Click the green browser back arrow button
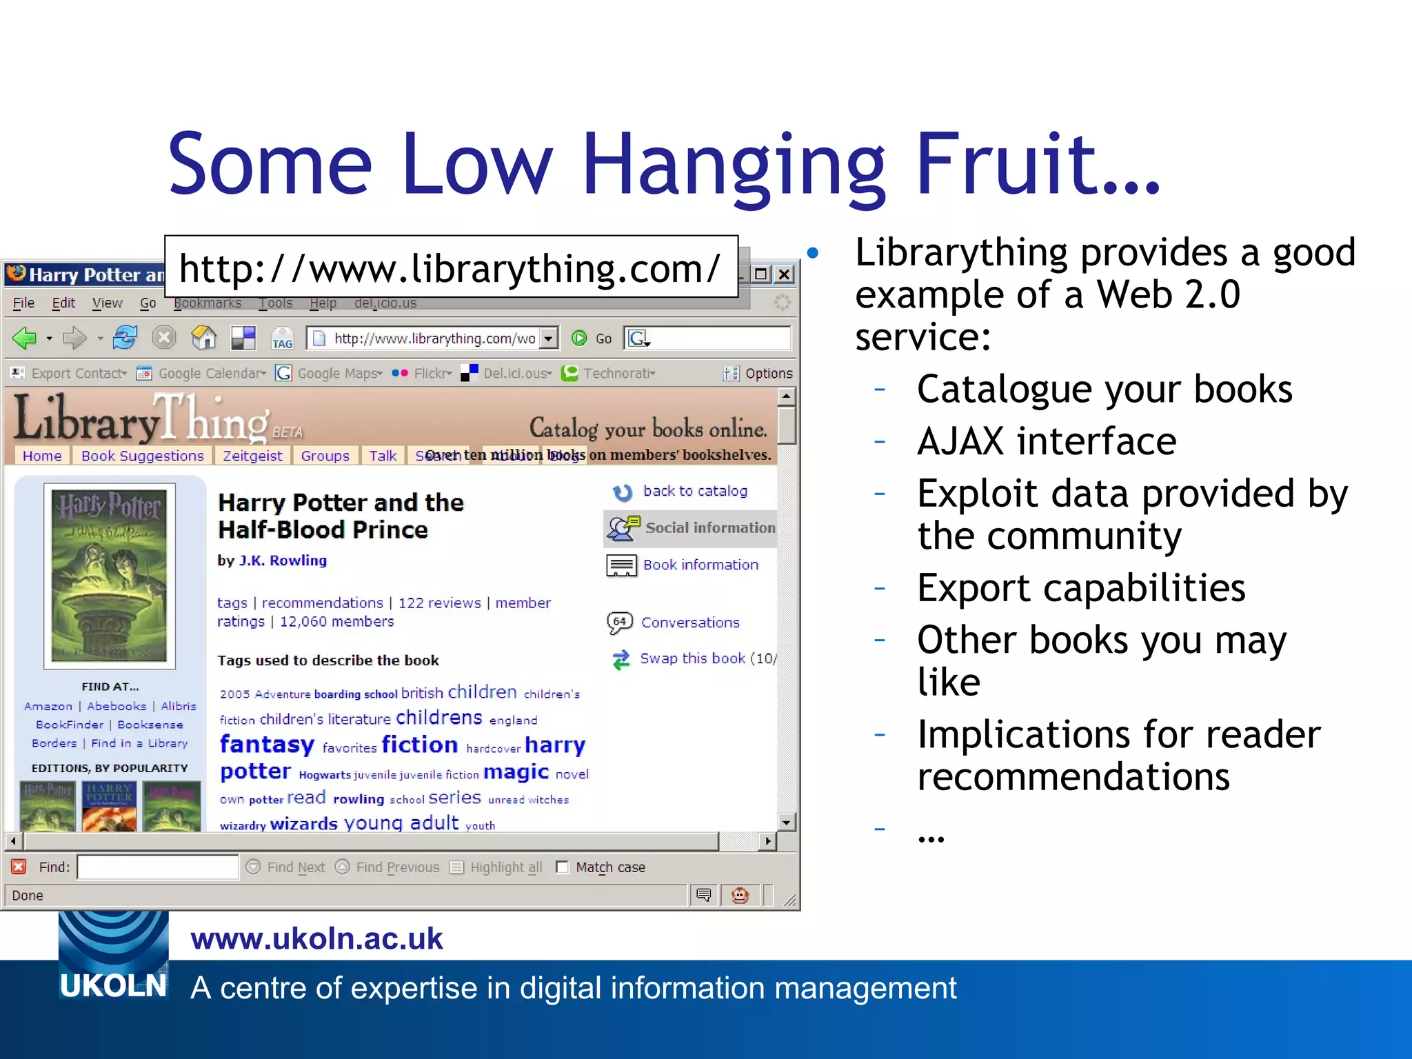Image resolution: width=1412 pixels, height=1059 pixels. point(25,338)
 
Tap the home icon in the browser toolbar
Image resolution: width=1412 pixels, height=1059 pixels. point(203,338)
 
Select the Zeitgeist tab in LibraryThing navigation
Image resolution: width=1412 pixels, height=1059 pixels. point(252,456)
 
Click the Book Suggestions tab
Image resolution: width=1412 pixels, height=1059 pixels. point(142,456)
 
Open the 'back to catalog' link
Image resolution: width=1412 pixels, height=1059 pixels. point(694,491)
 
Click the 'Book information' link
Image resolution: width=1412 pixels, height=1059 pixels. point(700,565)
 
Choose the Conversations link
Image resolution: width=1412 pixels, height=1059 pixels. point(689,623)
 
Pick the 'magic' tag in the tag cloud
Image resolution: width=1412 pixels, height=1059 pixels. point(516,772)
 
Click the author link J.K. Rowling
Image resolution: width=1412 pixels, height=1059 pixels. point(283,561)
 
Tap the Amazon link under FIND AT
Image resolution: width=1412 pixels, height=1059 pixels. point(48,706)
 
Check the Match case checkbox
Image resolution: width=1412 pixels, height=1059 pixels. point(563,867)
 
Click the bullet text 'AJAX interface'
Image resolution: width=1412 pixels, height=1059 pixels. point(1046,441)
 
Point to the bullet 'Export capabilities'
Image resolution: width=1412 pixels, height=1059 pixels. point(1080,588)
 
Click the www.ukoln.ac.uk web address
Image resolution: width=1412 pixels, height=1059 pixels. point(316,939)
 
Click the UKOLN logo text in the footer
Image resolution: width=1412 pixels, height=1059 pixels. point(113,986)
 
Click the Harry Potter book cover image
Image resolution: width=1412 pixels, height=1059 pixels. point(110,576)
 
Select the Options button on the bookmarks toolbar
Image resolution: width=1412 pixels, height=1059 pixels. point(758,373)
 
